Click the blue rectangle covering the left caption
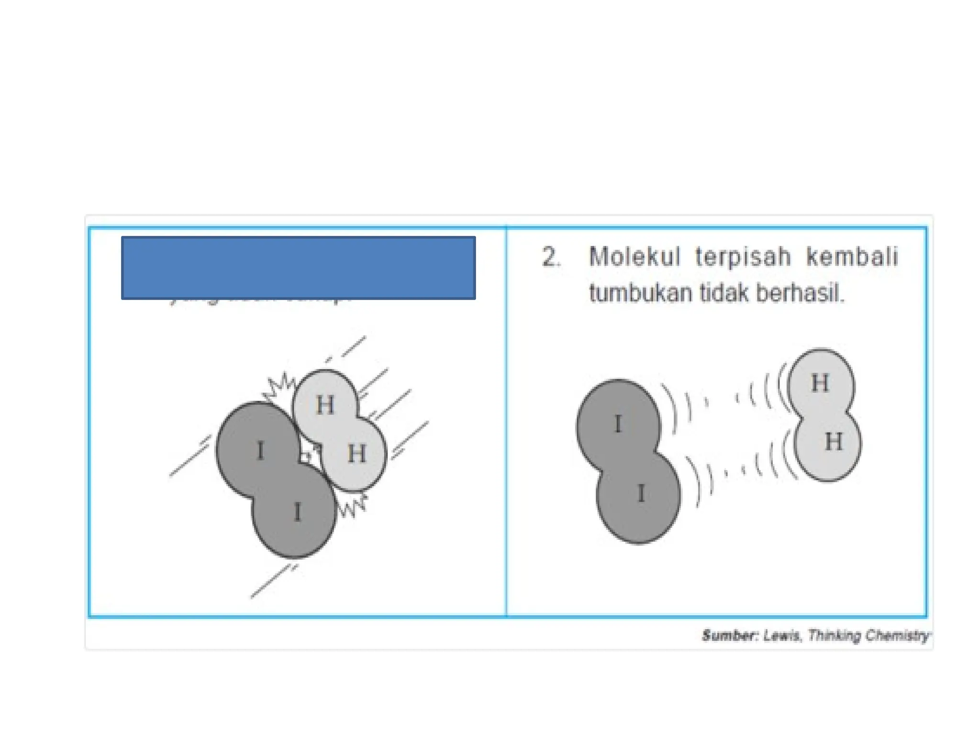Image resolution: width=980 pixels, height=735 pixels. click(298, 268)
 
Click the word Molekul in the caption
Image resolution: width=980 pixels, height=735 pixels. click(634, 257)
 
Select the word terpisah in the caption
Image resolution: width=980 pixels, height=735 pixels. click(743, 257)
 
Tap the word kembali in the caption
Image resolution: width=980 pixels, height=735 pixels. click(852, 257)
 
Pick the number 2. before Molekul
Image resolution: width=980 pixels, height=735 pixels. click(551, 257)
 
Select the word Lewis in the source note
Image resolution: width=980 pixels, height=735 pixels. click(782, 635)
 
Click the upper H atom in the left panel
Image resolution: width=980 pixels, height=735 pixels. click(325, 405)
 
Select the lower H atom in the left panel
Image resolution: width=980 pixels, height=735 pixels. click(356, 453)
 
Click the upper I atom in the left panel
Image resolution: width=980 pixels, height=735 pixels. click(260, 450)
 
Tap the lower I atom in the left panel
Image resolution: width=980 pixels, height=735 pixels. click(297, 512)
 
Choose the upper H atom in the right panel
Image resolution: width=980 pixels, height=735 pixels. click(820, 383)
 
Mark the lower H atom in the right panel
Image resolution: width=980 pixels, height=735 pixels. click(833, 442)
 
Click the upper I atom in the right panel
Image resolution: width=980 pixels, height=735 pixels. click(618, 424)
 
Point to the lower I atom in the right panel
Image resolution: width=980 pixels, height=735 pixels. click(641, 493)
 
